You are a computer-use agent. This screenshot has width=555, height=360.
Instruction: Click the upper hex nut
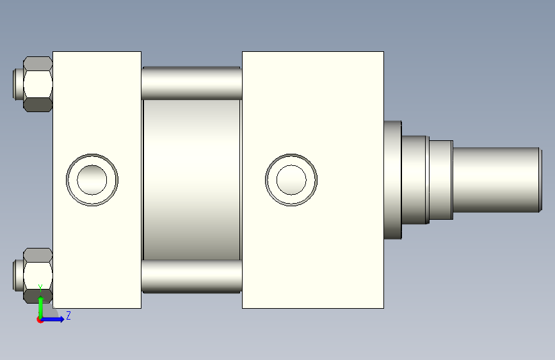(x=38, y=85)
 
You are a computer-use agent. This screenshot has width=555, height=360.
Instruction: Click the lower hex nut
(x=38, y=275)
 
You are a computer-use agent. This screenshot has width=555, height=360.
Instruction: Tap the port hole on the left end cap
(x=92, y=180)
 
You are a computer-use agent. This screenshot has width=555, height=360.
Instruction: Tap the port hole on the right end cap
(x=291, y=180)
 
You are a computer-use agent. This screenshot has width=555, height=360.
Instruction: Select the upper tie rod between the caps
(x=191, y=83)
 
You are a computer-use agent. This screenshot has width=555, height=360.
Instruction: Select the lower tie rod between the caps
(x=191, y=276)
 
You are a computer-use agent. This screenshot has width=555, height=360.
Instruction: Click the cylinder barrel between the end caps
(x=191, y=180)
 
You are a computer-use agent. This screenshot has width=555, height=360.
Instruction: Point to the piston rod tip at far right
(x=540, y=180)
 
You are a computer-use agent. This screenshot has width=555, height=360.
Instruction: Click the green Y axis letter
(x=40, y=288)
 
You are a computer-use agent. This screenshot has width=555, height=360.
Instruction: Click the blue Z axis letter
(x=68, y=315)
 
